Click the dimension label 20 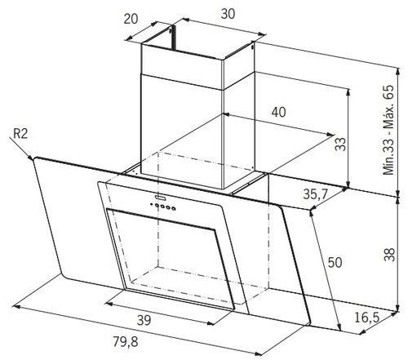pos(131,19)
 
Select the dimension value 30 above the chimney pos(228,14)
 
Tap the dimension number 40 pos(278,112)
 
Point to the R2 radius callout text pos(20,134)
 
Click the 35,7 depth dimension pos(316,194)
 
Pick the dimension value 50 pos(335,263)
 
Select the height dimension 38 pos(389,254)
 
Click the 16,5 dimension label pos(367,318)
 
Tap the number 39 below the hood pos(144,321)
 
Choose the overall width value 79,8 pos(126,341)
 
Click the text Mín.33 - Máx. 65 pos(388,130)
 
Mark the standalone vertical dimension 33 pos(340,144)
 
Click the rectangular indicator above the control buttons pos(161,197)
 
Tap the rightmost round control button pos(174,209)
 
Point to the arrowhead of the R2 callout pos(30,158)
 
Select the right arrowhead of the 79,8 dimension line pos(259,353)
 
